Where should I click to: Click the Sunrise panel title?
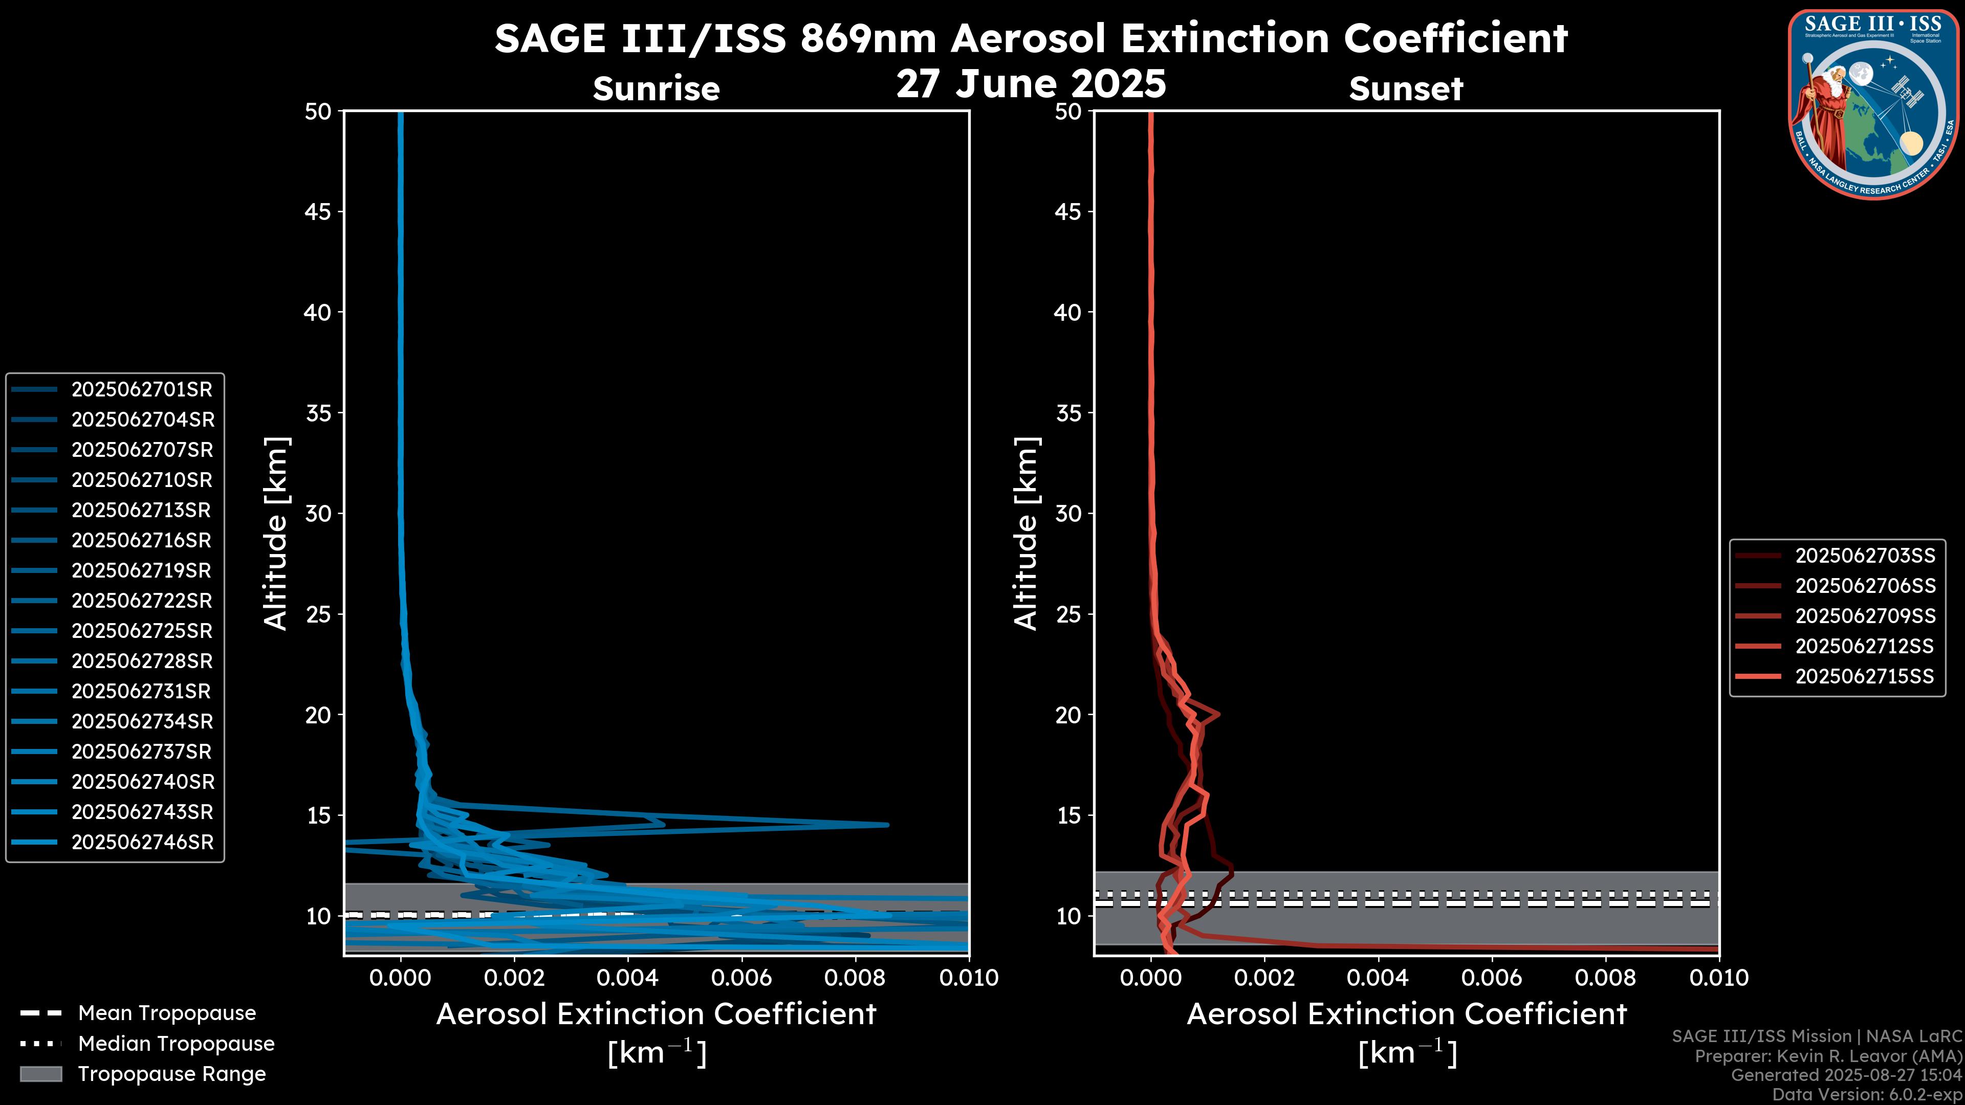click(x=656, y=89)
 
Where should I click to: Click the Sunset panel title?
click(x=1406, y=89)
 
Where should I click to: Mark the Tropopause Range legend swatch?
click(x=40, y=1074)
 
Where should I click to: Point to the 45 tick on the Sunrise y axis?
click(x=318, y=212)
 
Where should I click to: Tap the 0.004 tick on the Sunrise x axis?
click(x=627, y=978)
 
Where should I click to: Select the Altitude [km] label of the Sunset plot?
click(x=1026, y=533)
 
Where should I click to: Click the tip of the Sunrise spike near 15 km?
click(x=888, y=824)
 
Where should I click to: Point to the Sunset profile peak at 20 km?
click(x=1219, y=715)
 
